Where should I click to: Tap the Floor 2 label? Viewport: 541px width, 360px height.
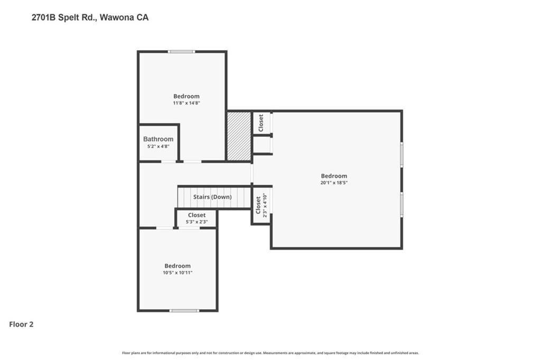[22, 325]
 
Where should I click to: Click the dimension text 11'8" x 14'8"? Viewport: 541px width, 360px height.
[186, 103]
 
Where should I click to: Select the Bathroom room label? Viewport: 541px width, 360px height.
[158, 139]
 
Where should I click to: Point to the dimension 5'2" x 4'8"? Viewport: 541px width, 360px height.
[158, 146]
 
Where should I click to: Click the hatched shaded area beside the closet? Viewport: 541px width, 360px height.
[239, 136]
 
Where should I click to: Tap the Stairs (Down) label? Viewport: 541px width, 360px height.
[212, 197]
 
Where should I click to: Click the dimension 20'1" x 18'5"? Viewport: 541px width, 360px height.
[334, 183]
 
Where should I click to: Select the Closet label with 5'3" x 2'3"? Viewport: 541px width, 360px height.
[197, 215]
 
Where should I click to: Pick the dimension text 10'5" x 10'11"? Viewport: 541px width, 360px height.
[178, 272]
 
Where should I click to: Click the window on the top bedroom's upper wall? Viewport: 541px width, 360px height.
[181, 51]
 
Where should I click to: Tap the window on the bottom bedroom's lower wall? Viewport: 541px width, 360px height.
[184, 310]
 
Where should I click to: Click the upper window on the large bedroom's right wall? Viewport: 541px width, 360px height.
[402, 155]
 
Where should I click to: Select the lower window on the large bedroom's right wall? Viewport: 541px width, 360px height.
[402, 204]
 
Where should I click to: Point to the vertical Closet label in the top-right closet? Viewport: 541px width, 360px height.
[261, 123]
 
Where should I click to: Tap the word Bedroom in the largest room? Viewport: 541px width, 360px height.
[334, 176]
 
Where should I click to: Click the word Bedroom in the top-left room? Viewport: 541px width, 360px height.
[186, 96]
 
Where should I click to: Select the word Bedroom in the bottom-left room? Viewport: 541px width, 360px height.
[178, 266]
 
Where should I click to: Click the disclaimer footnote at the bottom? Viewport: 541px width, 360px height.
[270, 353]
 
